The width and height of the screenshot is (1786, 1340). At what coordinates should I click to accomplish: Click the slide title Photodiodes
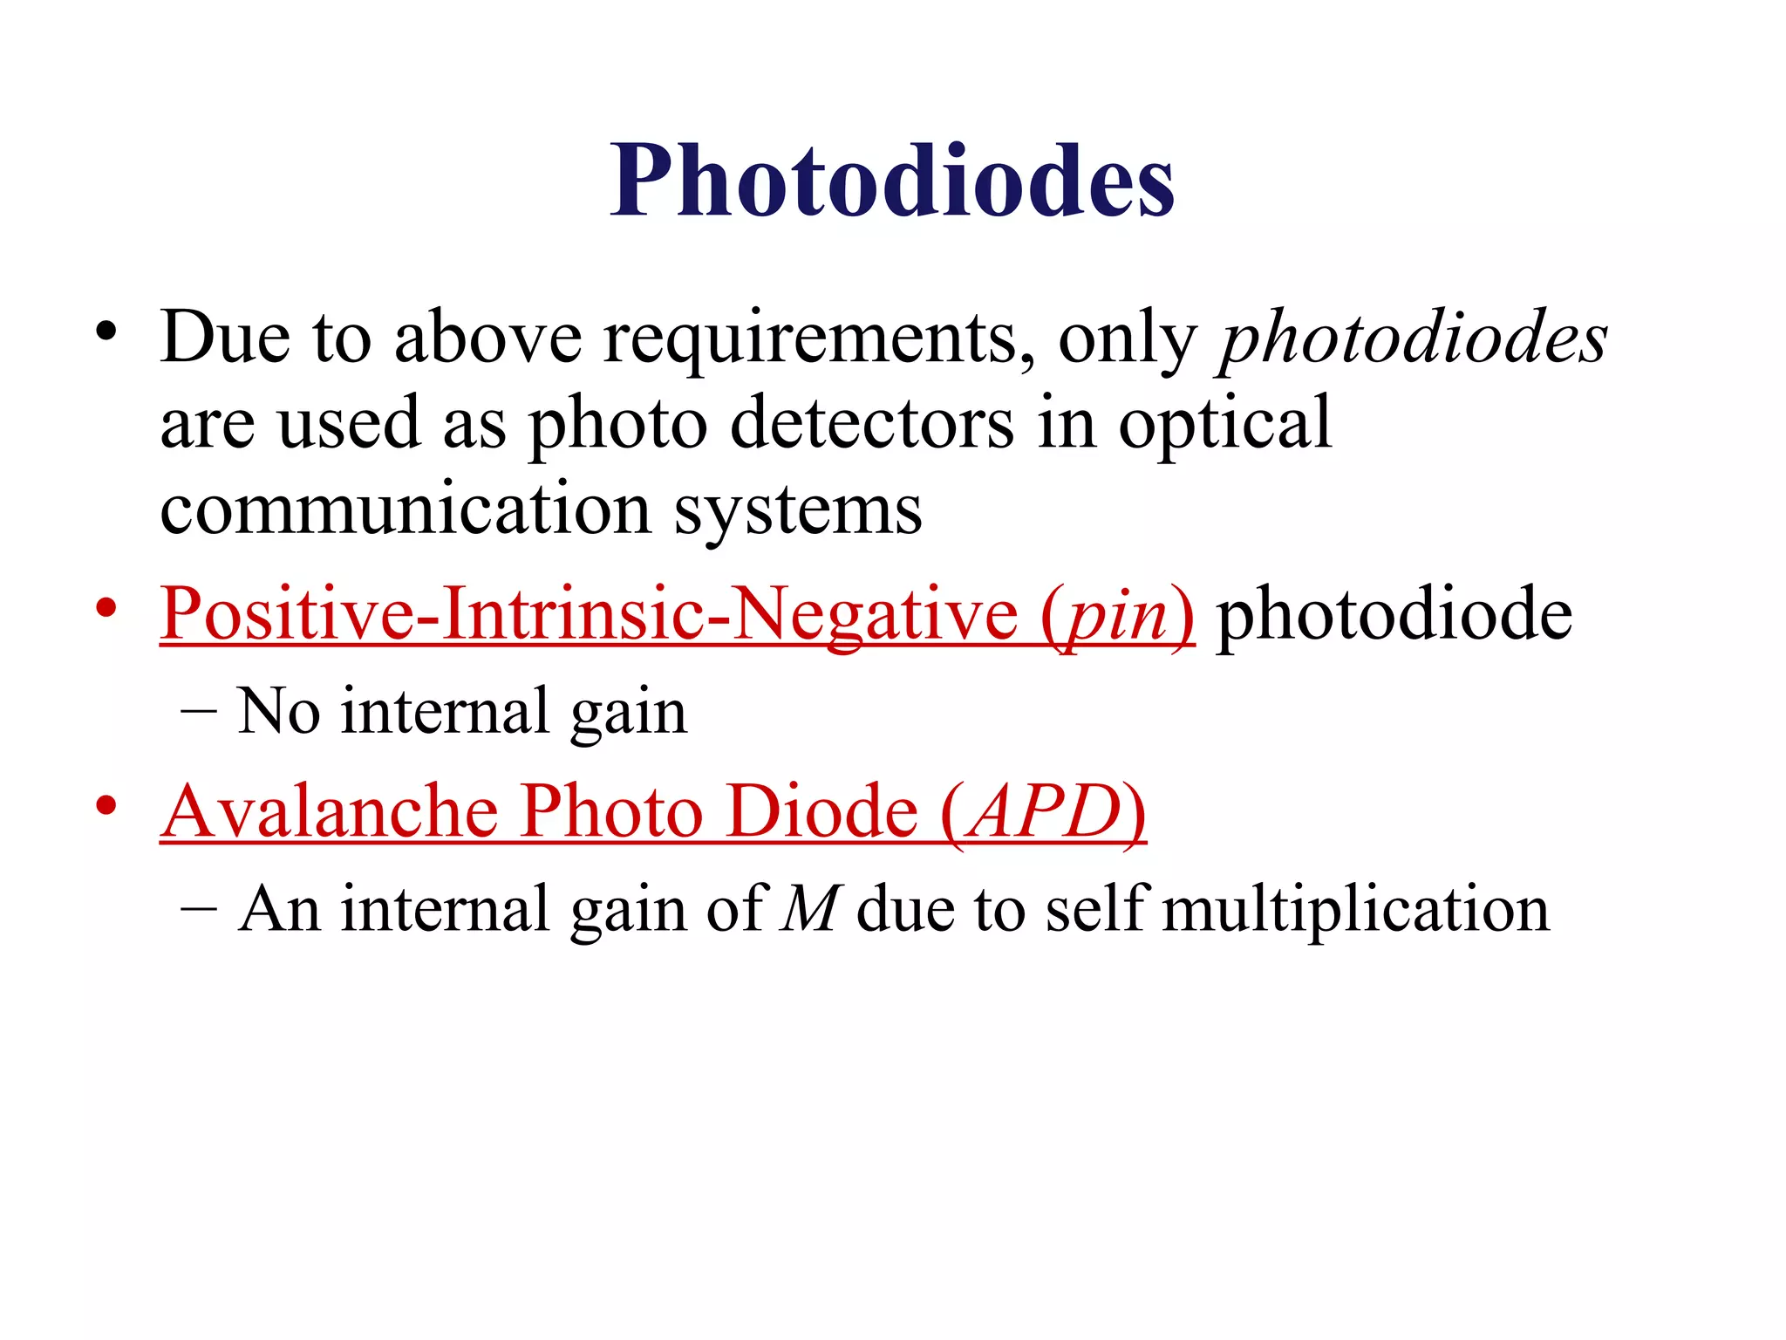click(x=891, y=181)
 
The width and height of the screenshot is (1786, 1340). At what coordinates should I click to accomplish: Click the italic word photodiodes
click(x=1413, y=338)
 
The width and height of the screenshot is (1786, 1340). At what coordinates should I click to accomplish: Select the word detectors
click(x=872, y=423)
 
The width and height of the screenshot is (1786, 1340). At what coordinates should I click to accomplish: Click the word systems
click(x=798, y=510)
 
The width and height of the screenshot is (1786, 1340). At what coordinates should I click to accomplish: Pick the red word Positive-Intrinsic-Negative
click(x=589, y=615)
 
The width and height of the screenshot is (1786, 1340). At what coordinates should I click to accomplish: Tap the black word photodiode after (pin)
click(x=1394, y=615)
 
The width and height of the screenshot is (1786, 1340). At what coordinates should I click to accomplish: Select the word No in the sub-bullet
click(x=278, y=711)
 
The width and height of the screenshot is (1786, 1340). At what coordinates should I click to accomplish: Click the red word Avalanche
click(x=330, y=811)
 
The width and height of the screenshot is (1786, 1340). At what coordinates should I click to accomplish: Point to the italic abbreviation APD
click(x=1046, y=811)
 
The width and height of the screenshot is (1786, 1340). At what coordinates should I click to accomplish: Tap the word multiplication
click(x=1356, y=909)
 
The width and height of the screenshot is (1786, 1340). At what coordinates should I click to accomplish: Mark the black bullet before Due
click(x=106, y=332)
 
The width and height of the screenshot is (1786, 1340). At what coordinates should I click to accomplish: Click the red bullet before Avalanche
click(x=106, y=805)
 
